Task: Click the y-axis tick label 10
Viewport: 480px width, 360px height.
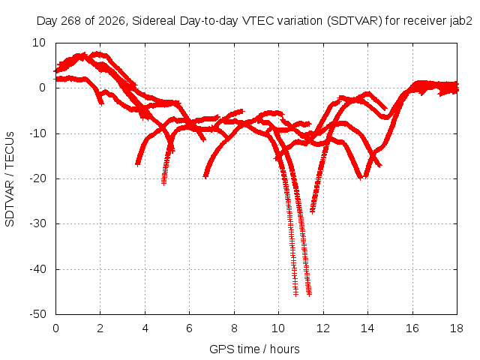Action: pyautogui.click(x=39, y=43)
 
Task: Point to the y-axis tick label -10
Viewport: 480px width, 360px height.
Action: pyautogui.click(x=37, y=133)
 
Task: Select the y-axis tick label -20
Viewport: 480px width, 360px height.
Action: pyautogui.click(x=37, y=178)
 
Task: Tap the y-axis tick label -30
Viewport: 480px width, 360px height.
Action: pyautogui.click(x=37, y=223)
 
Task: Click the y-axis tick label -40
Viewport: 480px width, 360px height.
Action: pyautogui.click(x=37, y=269)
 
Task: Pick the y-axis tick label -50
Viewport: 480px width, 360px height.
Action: pyautogui.click(x=37, y=314)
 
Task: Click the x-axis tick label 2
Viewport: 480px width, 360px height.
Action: pyautogui.click(x=100, y=328)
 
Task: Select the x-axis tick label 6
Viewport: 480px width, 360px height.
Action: pyautogui.click(x=190, y=328)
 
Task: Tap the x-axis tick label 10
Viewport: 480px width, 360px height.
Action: pyautogui.click(x=278, y=328)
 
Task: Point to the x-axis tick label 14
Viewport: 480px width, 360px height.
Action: pyautogui.click(x=367, y=328)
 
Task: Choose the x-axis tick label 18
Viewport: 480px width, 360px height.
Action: pyautogui.click(x=457, y=328)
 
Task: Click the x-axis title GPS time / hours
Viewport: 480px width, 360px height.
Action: pyautogui.click(x=254, y=349)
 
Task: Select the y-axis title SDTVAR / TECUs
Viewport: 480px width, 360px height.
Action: pyautogui.click(x=10, y=179)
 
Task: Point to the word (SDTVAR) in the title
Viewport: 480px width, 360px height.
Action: pyautogui.click(x=355, y=21)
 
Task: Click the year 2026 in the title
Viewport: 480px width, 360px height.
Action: pyautogui.click(x=112, y=21)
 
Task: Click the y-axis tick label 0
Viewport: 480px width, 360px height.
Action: pyautogui.click(x=43, y=88)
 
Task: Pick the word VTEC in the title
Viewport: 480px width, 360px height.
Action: pyautogui.click(x=258, y=21)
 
